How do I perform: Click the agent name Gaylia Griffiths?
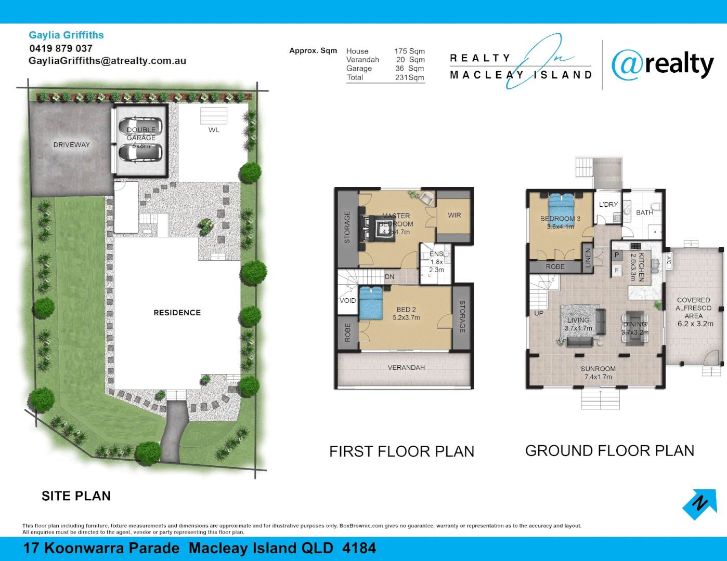click(66, 35)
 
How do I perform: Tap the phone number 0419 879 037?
click(61, 48)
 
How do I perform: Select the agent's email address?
click(107, 61)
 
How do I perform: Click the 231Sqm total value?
click(409, 77)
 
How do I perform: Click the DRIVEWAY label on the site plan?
click(72, 145)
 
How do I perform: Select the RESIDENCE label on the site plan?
click(177, 313)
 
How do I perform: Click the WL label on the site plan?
click(214, 130)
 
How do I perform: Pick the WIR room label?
click(454, 215)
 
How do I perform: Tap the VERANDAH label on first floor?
click(406, 368)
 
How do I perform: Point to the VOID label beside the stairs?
click(347, 301)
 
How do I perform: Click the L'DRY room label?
click(608, 205)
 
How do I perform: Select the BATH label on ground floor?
click(644, 212)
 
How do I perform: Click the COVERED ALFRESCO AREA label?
click(694, 312)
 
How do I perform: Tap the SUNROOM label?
click(598, 369)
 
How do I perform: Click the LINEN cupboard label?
click(588, 258)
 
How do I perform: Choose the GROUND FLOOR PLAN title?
click(609, 451)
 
